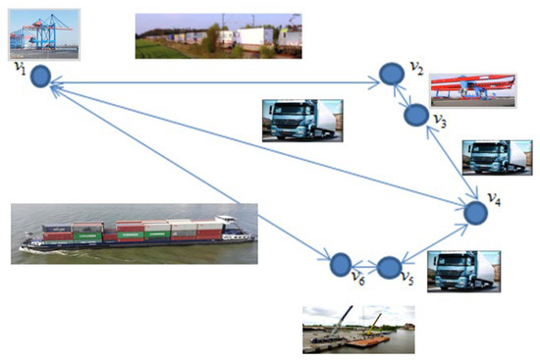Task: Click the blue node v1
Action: tap(39, 77)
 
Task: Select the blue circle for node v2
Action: tap(392, 75)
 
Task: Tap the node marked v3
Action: tap(415, 115)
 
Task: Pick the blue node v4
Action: tap(476, 212)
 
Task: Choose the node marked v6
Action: tap(341, 263)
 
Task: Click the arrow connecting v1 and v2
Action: tap(216, 80)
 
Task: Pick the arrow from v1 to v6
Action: tap(187, 168)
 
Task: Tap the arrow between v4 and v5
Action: tap(433, 239)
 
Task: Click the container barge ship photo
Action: tap(137, 233)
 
